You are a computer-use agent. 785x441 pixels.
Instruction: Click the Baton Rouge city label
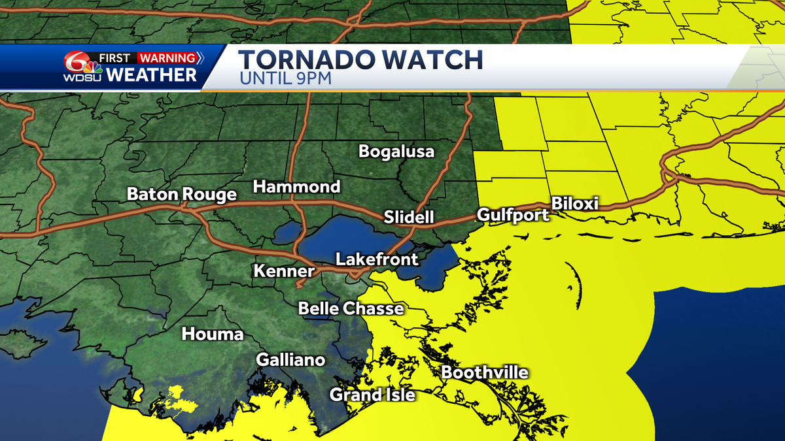pyautogui.click(x=181, y=195)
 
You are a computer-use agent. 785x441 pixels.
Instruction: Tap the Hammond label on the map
pyautogui.click(x=296, y=187)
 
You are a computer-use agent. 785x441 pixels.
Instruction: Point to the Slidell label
pyautogui.click(x=409, y=217)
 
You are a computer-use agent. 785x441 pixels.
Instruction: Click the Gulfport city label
pyautogui.click(x=513, y=215)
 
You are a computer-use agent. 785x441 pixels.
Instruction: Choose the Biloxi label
pyautogui.click(x=575, y=203)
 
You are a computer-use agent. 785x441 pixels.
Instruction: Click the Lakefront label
pyautogui.click(x=377, y=259)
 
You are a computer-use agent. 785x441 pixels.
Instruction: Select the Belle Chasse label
pyautogui.click(x=351, y=308)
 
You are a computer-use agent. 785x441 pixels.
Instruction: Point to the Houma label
pyautogui.click(x=213, y=335)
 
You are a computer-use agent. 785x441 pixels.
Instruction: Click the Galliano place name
pyautogui.click(x=290, y=360)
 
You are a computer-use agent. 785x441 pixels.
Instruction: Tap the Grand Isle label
pyautogui.click(x=372, y=395)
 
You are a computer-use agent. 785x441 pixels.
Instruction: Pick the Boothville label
pyautogui.click(x=484, y=373)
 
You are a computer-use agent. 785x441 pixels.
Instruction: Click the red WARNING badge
pyautogui.click(x=167, y=57)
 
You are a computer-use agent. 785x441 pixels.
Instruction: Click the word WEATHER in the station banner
pyautogui.click(x=151, y=75)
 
